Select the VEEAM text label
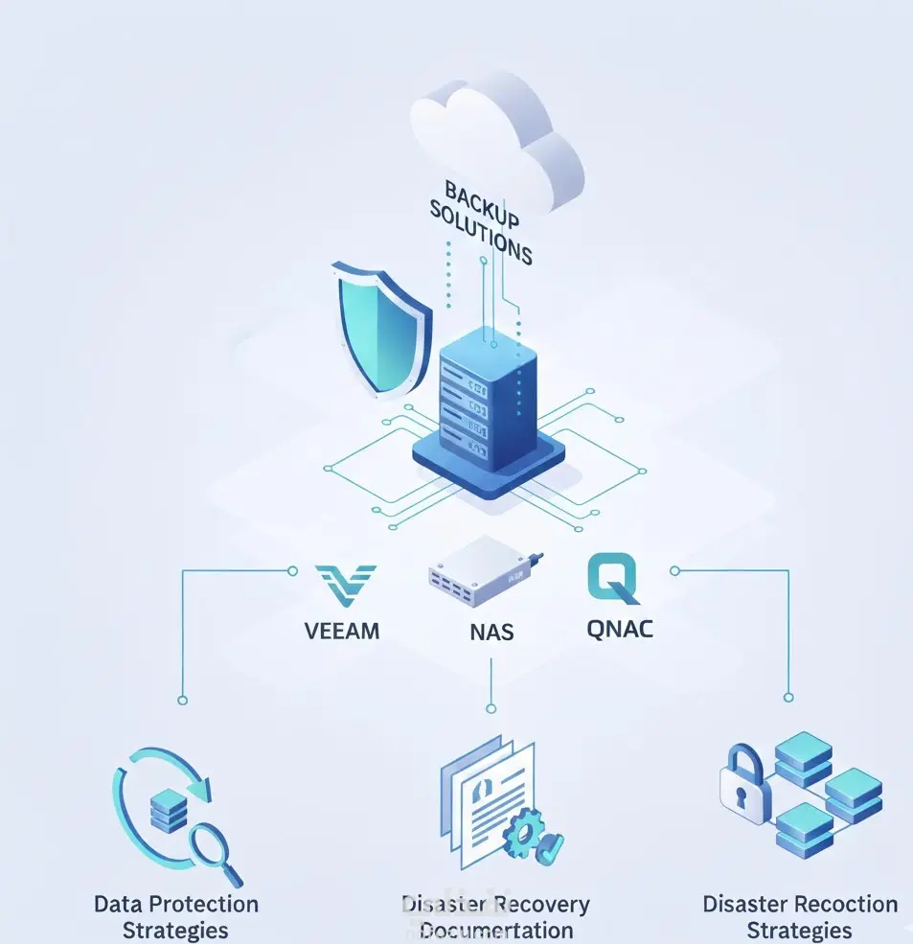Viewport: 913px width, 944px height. pyautogui.click(x=341, y=631)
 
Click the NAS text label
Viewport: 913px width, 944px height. pyautogui.click(x=491, y=632)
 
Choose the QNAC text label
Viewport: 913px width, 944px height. pyautogui.click(x=620, y=630)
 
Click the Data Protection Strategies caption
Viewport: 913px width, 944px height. pyautogui.click(x=176, y=916)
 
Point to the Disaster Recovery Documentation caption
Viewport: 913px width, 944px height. pyautogui.click(x=495, y=916)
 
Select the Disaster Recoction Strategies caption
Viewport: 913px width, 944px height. pyautogui.click(x=800, y=916)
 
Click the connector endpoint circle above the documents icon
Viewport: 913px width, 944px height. pyautogui.click(x=491, y=707)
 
